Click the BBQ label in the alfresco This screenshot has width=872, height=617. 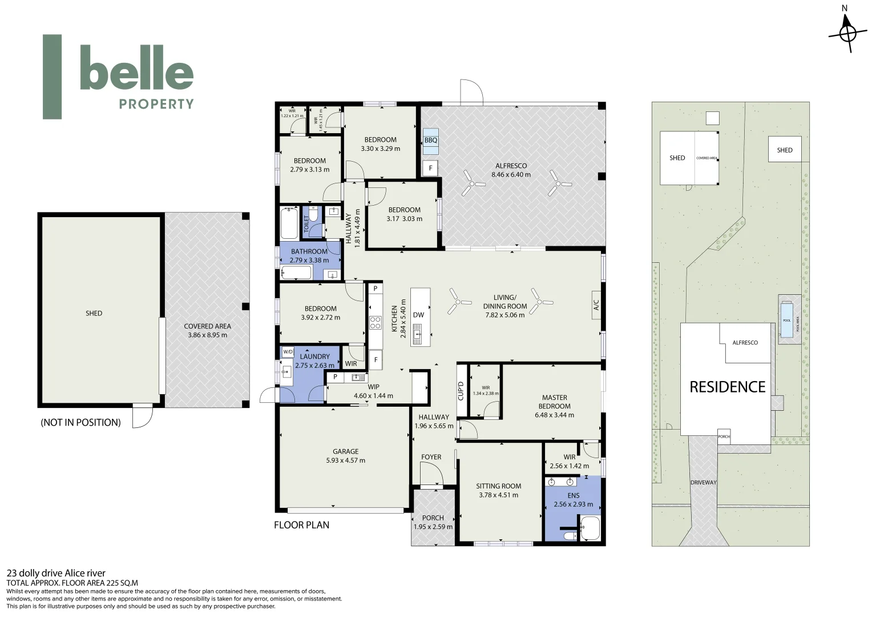(x=430, y=141)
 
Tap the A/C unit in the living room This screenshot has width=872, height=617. (x=596, y=305)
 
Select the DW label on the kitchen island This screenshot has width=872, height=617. (x=418, y=315)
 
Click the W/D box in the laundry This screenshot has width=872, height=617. (x=288, y=352)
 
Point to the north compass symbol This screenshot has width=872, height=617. (x=847, y=33)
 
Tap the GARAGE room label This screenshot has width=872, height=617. (x=345, y=451)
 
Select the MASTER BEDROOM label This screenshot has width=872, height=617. (x=554, y=402)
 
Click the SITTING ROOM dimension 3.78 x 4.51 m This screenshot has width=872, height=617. (x=498, y=495)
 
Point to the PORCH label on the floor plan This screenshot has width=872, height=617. (x=433, y=518)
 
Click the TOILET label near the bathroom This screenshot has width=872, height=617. (x=306, y=224)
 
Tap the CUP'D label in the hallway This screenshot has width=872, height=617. (x=461, y=391)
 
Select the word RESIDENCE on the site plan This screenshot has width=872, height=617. (x=727, y=387)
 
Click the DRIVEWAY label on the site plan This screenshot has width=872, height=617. (x=703, y=483)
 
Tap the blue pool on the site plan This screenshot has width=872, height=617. (x=787, y=320)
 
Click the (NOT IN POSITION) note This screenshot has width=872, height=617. (x=80, y=423)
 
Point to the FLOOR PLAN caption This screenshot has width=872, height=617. (x=301, y=525)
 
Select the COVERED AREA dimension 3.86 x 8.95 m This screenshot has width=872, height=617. (x=207, y=335)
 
